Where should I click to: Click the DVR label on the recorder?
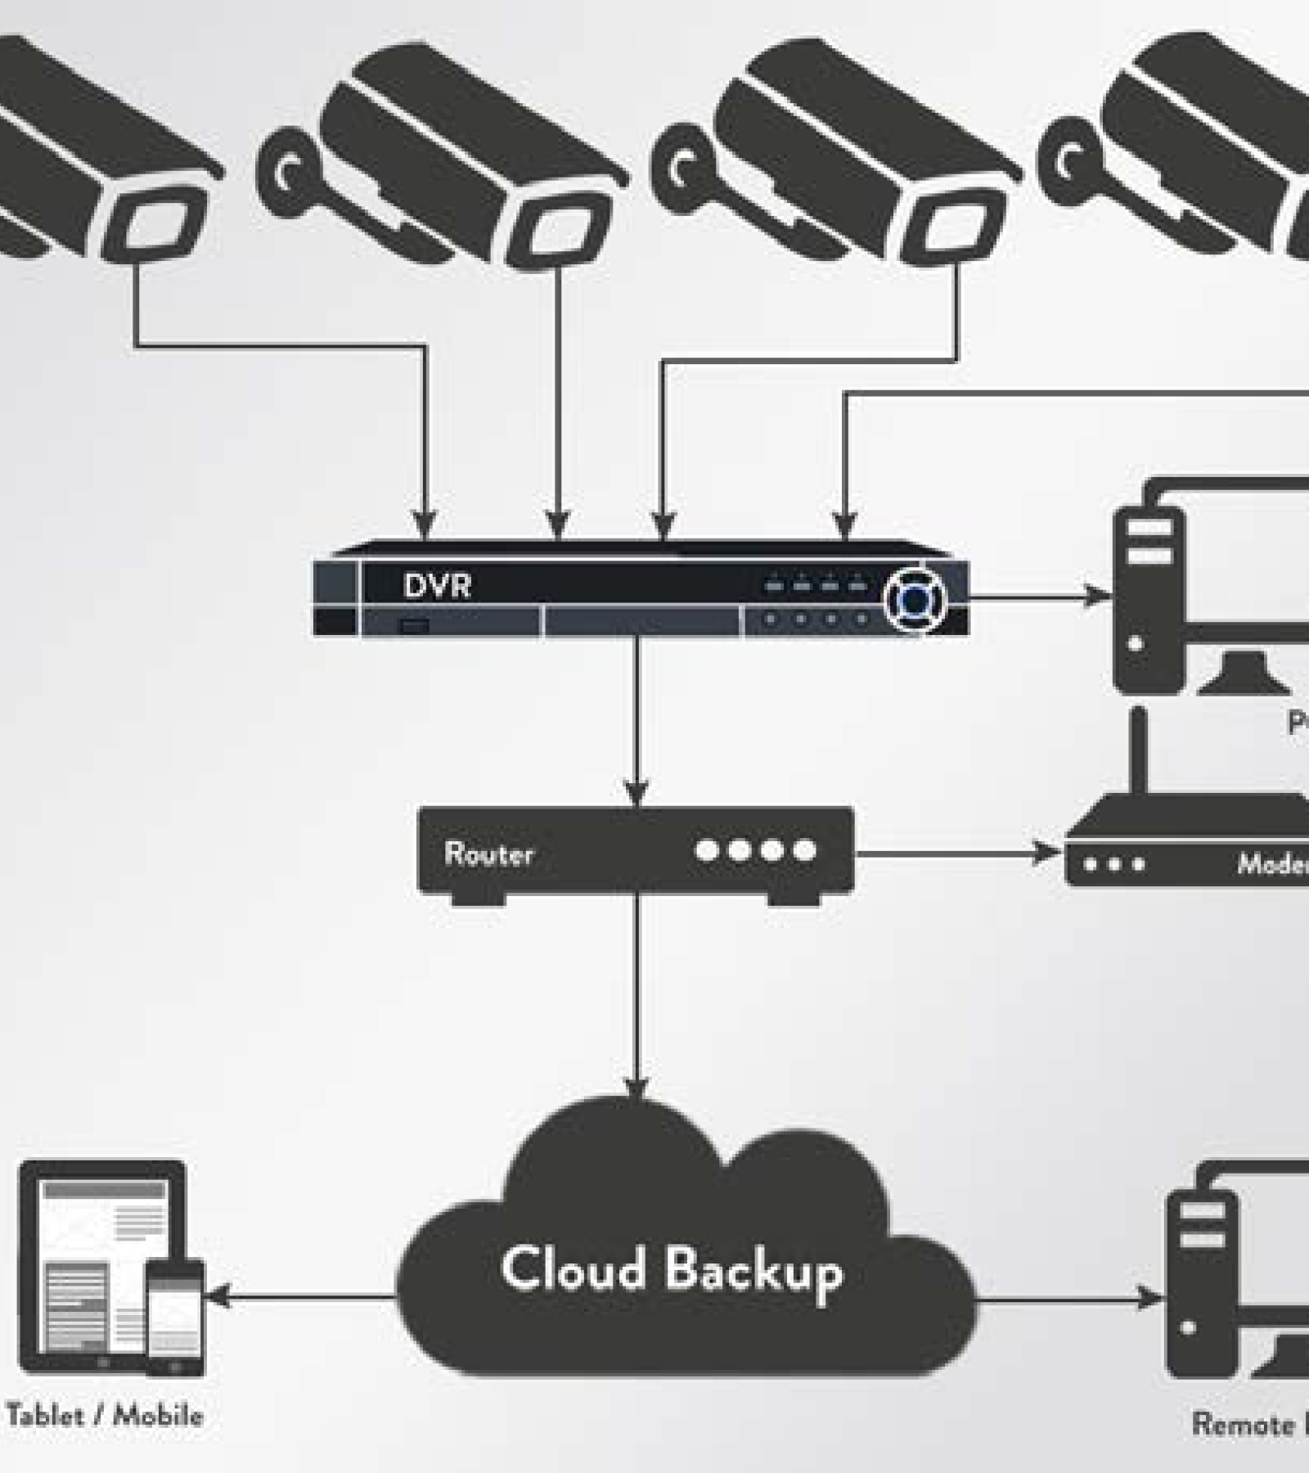437,586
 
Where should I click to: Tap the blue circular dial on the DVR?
915,601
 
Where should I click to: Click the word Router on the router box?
488,854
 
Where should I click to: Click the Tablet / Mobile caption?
105,1415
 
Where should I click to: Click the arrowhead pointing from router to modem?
1047,853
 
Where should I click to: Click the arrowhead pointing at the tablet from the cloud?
217,1295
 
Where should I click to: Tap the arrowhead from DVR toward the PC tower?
1096,596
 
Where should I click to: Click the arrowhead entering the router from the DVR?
637,792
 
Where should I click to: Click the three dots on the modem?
1113,864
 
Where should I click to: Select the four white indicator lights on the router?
754,850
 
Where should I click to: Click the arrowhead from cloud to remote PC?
1152,1298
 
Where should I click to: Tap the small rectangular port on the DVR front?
414,626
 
